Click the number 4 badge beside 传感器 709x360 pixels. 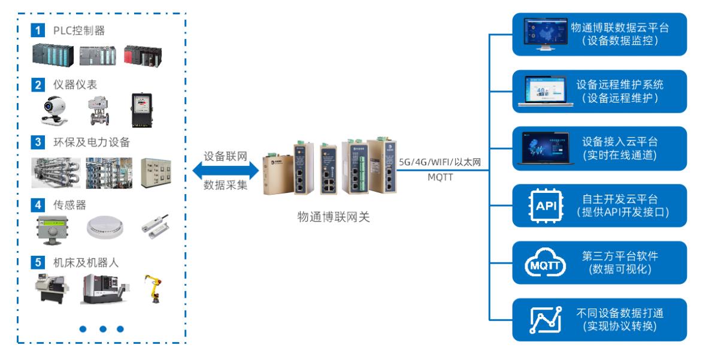[x=39, y=205]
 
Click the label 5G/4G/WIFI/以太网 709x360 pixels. [x=440, y=161]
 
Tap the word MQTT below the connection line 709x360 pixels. [x=440, y=177]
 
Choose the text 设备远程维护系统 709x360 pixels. [x=620, y=84]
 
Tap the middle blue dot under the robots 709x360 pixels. [x=103, y=329]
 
